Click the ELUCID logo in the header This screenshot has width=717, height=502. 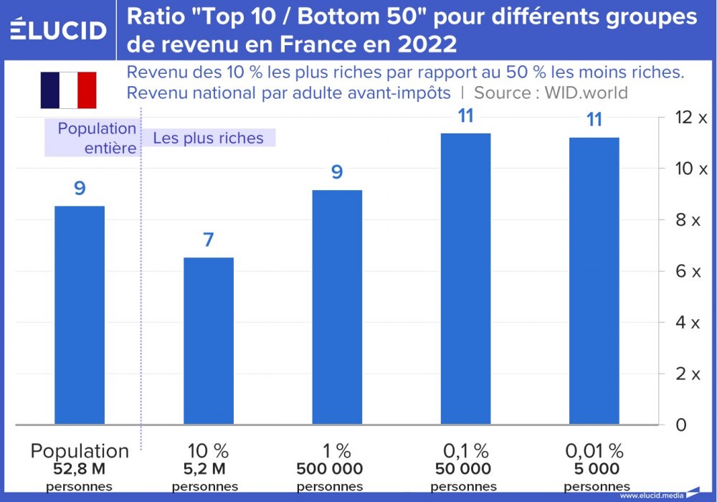[x=58, y=29]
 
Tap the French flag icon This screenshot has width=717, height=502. [x=68, y=90]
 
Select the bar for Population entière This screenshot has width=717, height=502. [x=80, y=315]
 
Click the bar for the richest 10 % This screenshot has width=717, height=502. [x=209, y=341]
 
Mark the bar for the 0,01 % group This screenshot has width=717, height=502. [x=594, y=280]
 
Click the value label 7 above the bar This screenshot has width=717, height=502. [x=209, y=240]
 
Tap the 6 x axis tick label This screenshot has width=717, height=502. [x=688, y=271]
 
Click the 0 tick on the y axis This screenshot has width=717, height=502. [x=681, y=425]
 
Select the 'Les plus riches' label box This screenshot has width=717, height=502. [x=209, y=138]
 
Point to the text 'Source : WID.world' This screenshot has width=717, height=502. [x=551, y=93]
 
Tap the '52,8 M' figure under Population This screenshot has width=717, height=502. [x=80, y=470]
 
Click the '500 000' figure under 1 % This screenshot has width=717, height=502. [x=330, y=470]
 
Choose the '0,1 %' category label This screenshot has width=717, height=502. [x=466, y=451]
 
